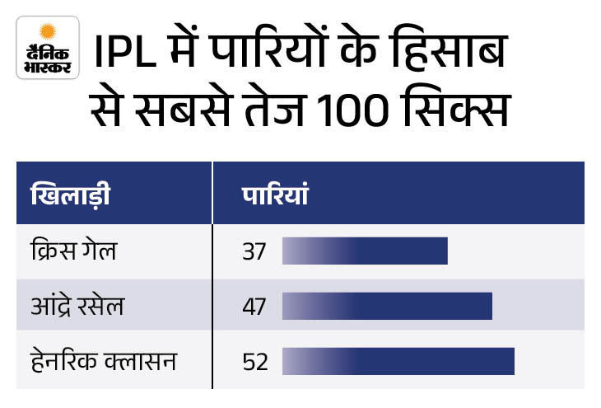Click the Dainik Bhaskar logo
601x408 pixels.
click(48, 48)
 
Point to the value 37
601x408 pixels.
click(254, 251)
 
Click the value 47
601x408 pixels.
click(254, 307)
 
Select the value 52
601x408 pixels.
click(255, 362)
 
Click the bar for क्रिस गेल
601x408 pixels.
click(365, 251)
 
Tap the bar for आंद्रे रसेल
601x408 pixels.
click(387, 307)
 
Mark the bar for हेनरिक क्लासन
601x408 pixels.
click(398, 362)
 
